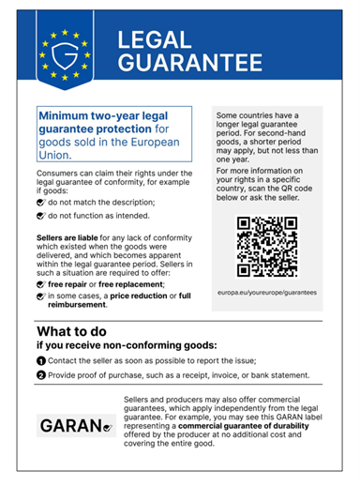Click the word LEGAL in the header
tap(155, 40)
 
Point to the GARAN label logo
tap(75, 426)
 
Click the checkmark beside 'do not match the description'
tap(39, 201)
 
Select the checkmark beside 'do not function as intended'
tap(39, 217)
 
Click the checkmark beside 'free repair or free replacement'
tap(39, 282)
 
